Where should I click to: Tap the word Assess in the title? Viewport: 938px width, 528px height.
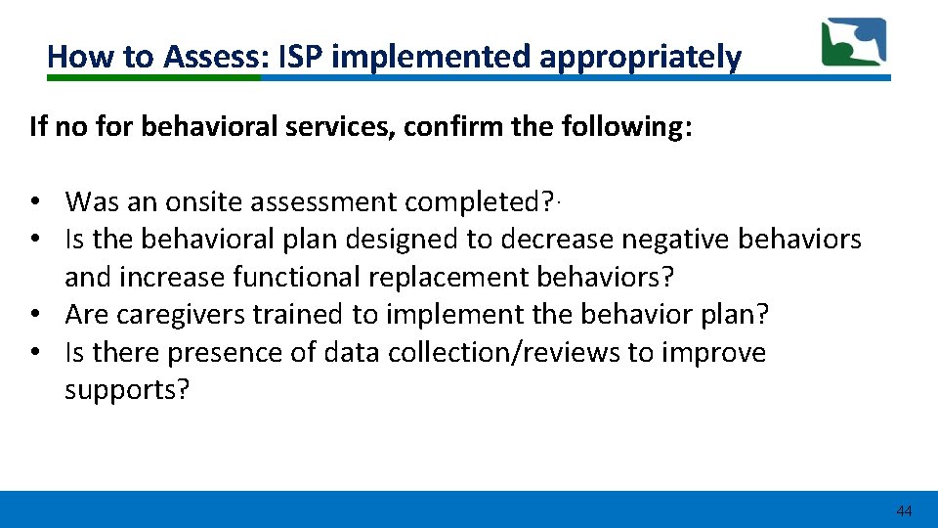point(213,58)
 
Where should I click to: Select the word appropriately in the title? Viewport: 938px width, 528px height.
point(640,58)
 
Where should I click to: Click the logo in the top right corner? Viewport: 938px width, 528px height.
point(853,43)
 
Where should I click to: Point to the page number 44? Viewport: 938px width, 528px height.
point(904,511)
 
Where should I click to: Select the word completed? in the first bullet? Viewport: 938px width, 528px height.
point(480,202)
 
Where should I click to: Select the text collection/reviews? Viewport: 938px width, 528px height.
point(504,352)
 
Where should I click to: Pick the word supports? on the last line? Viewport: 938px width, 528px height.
point(126,390)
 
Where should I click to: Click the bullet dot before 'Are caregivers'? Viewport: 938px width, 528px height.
point(34,315)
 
